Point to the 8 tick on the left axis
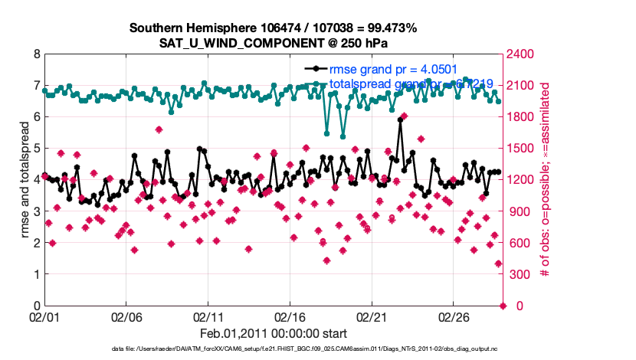click(x=36, y=54)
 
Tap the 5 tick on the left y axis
click(x=36, y=149)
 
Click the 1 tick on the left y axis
click(x=36, y=274)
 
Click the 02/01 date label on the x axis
click(x=44, y=316)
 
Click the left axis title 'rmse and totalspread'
click(x=25, y=180)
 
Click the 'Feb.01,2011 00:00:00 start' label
click(x=273, y=333)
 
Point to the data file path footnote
click(x=273, y=349)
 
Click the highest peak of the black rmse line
click(x=400, y=120)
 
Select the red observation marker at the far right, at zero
click(x=503, y=306)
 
